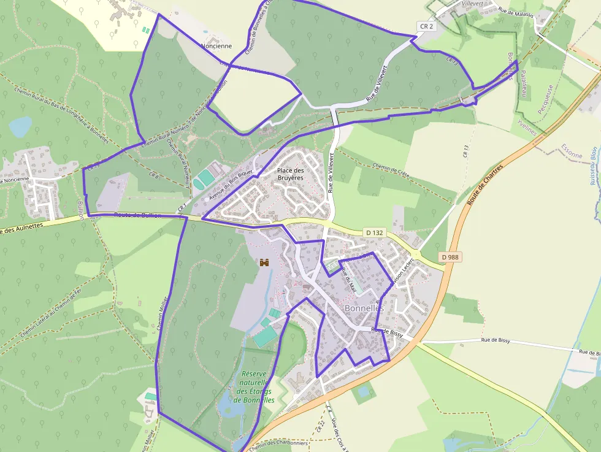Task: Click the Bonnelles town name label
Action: click(364, 308)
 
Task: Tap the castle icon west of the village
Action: click(265, 262)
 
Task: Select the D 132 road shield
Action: click(373, 233)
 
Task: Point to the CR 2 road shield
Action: click(426, 26)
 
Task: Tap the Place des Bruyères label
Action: click(291, 174)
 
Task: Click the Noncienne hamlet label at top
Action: click(216, 46)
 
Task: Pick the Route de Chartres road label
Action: click(484, 185)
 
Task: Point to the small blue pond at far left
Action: click(20, 127)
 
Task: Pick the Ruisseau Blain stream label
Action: click(593, 166)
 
